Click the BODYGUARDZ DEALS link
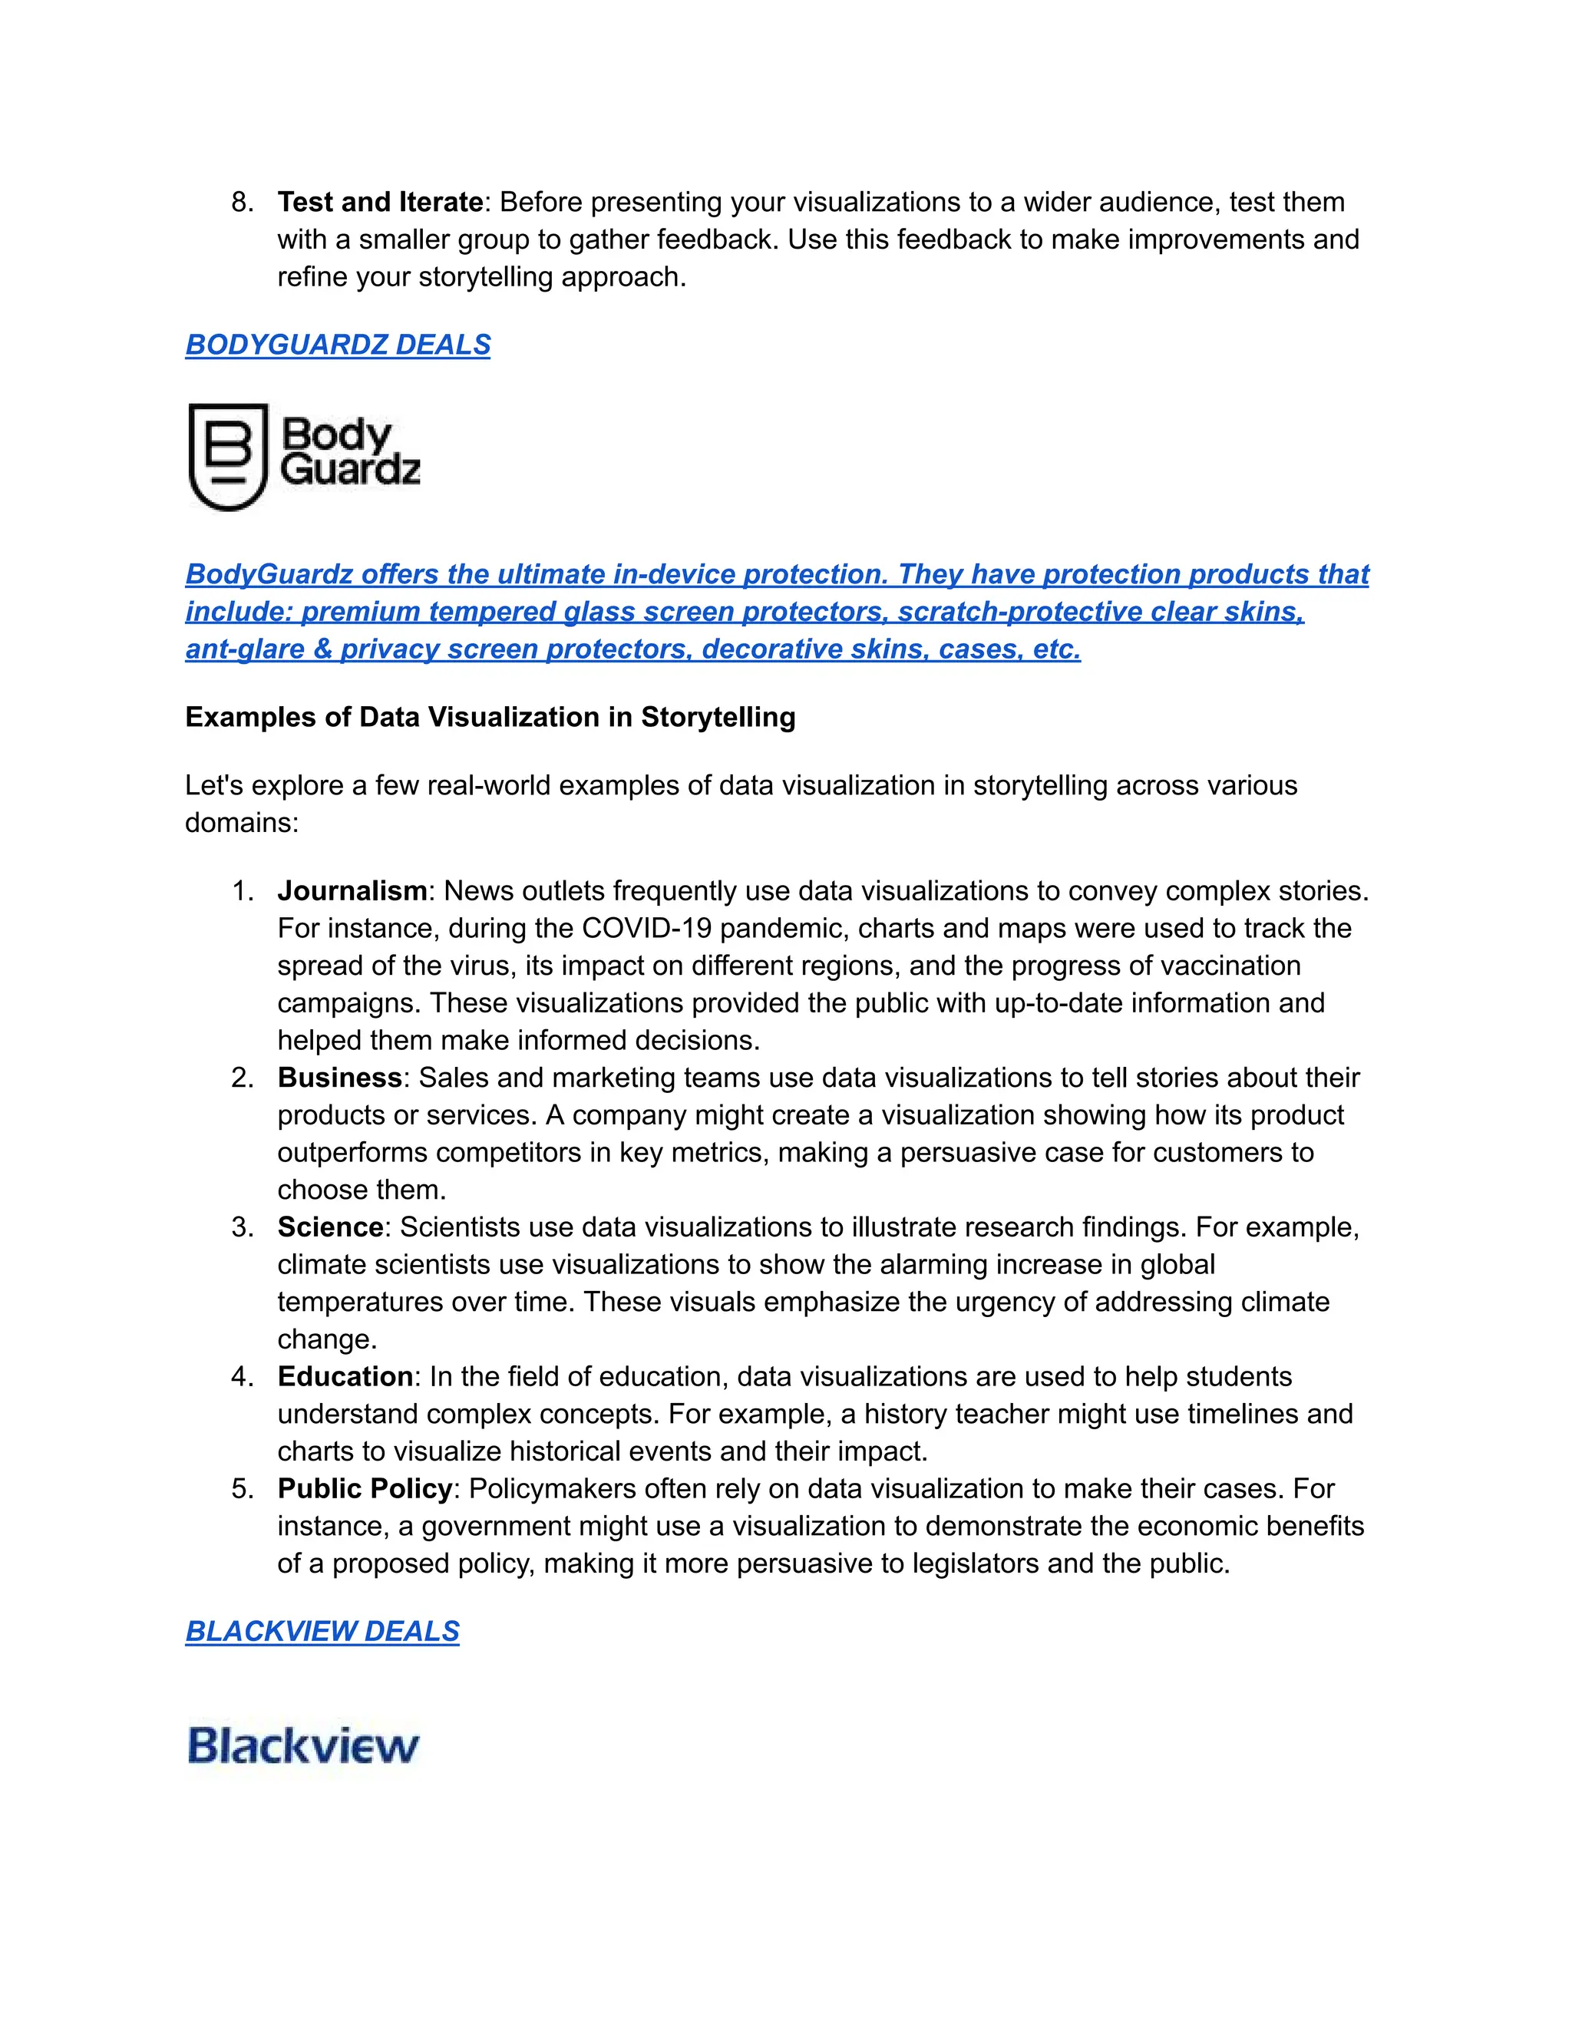[337, 345]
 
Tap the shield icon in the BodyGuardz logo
[228, 457]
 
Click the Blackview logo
[302, 1745]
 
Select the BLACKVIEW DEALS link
[322, 1631]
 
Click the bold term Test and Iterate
[380, 202]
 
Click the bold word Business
[340, 1078]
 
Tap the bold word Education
[345, 1376]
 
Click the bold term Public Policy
[364, 1488]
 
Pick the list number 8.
[241, 202]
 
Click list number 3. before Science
[241, 1227]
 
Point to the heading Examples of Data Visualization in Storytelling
[490, 717]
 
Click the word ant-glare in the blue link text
[245, 649]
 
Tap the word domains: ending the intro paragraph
[241, 824]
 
